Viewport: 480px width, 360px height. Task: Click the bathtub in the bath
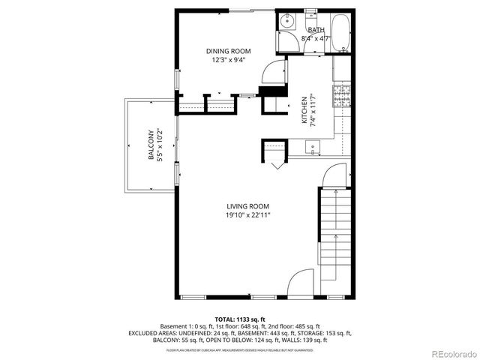pyautogui.click(x=341, y=33)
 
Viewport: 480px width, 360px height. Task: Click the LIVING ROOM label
pyautogui.click(x=248, y=206)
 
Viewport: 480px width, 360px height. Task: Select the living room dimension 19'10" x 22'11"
pyautogui.click(x=248, y=215)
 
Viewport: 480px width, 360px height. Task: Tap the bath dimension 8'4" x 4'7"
pyautogui.click(x=315, y=37)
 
